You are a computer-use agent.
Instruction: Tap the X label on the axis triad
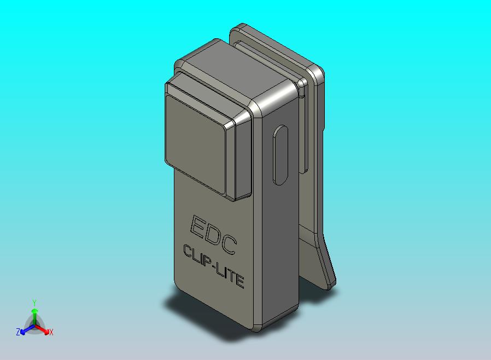[51, 332]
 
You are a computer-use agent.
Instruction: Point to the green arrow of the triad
[34, 314]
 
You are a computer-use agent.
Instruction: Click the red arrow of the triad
[44, 329]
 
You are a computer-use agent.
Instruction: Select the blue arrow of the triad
[24, 329]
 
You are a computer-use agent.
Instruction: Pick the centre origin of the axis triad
[34, 326]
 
